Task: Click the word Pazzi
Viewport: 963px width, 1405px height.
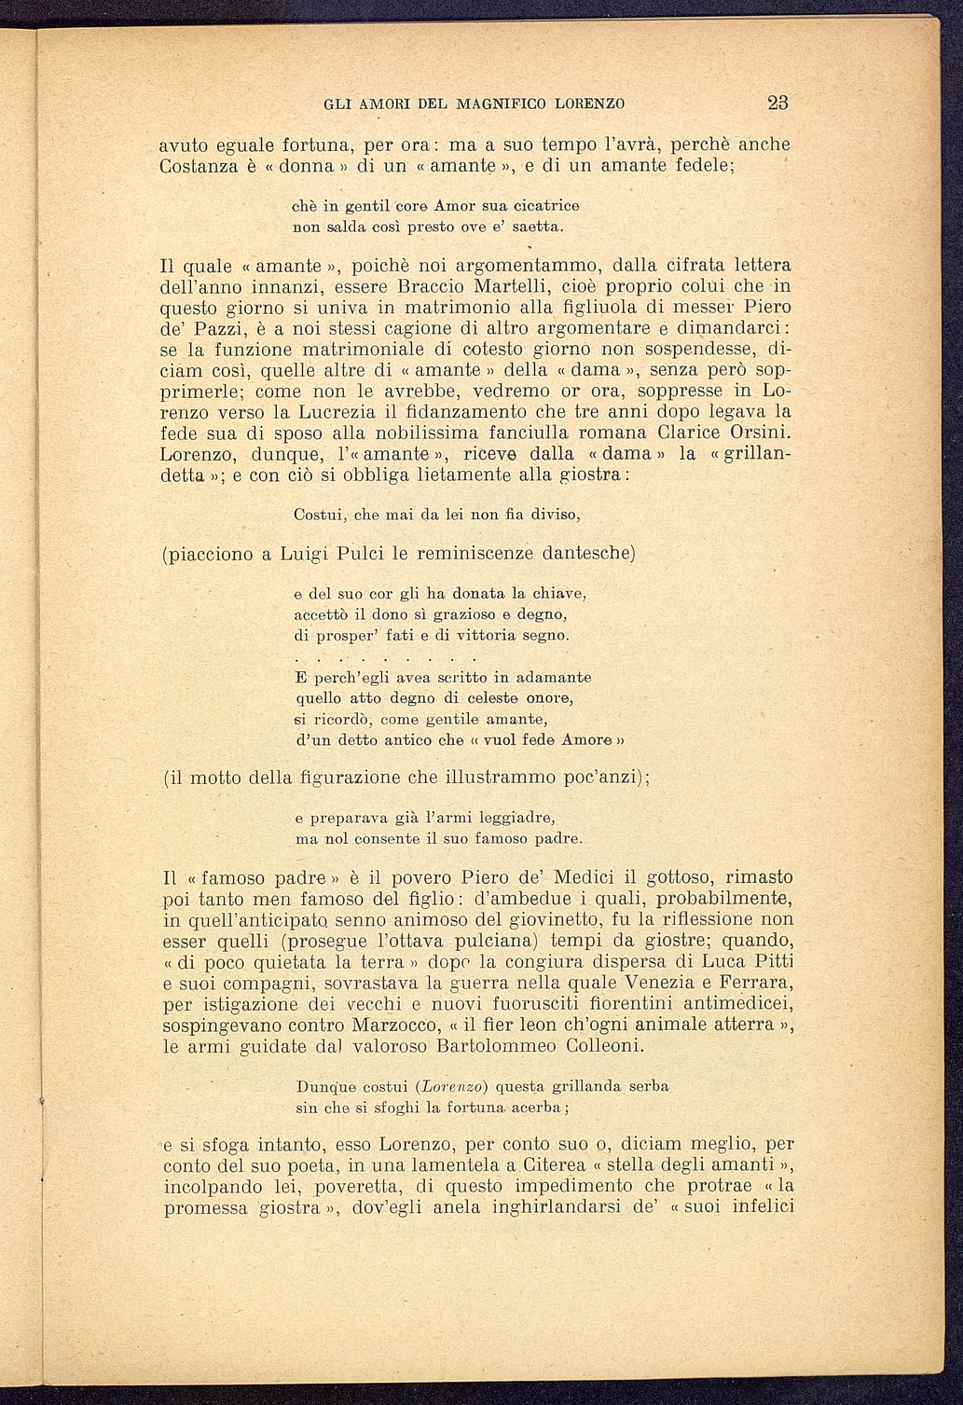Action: point(225,330)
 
